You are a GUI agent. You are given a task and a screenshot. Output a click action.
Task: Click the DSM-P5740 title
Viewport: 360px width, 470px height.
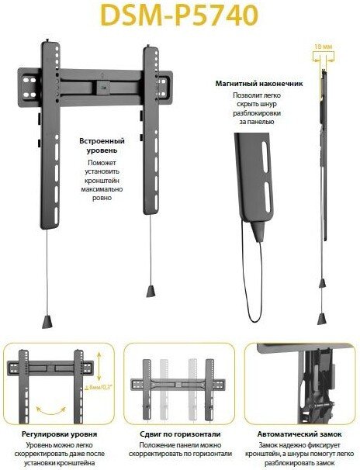pyautogui.click(x=179, y=16)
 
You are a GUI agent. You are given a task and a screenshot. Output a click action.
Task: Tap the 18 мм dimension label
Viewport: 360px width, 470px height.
pyautogui.click(x=324, y=47)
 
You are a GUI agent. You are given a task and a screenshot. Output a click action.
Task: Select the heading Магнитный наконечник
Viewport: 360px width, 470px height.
pyautogui.click(x=259, y=84)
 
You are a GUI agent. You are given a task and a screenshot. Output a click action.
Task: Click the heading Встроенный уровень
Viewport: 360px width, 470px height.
pyautogui.click(x=102, y=145)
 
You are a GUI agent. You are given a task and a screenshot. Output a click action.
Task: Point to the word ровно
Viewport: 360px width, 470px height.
pyautogui.click(x=102, y=198)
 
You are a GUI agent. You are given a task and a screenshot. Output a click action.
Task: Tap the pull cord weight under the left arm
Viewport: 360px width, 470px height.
pyautogui.click(x=47, y=322)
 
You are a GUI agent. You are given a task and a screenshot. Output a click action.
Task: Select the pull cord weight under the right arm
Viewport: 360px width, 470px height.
pyautogui.click(x=151, y=291)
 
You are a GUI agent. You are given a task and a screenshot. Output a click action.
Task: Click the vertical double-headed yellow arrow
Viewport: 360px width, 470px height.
pyautogui.click(x=99, y=366)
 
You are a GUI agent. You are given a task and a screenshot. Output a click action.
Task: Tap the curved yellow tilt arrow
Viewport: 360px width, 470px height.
pyautogui.click(x=51, y=411)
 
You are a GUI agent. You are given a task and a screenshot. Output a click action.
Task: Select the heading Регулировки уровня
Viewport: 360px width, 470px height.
pyautogui.click(x=59, y=434)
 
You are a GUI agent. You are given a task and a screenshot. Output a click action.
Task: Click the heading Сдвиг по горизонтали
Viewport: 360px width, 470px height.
pyautogui.click(x=180, y=434)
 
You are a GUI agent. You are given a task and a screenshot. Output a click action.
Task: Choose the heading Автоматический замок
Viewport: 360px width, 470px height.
pyautogui.click(x=299, y=434)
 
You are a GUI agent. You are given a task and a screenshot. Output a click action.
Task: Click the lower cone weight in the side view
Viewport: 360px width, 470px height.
pyautogui.click(x=322, y=319)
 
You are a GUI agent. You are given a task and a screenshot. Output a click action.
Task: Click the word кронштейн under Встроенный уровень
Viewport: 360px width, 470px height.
pyautogui.click(x=102, y=181)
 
